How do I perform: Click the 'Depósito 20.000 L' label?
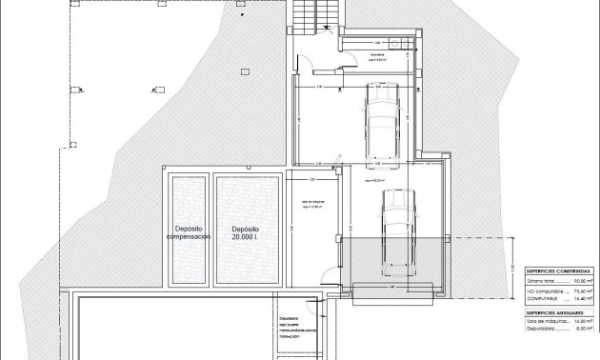(x=246, y=233)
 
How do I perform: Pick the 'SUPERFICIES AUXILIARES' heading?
(x=559, y=312)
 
